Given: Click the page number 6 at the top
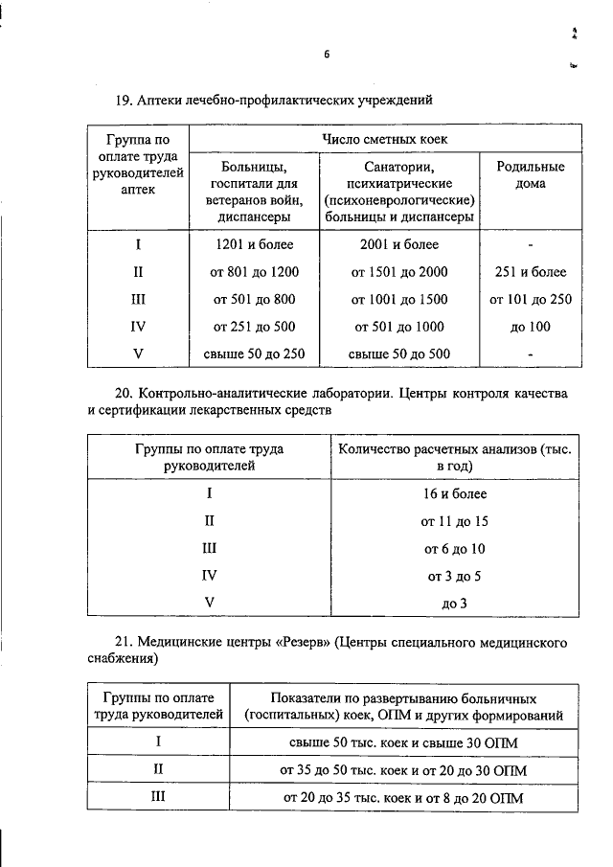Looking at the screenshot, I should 326,55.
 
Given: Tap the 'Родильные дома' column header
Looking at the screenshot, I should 530,175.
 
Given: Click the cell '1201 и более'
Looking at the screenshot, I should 254,245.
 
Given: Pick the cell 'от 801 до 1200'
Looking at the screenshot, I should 254,272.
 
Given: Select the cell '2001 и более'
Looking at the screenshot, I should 399,245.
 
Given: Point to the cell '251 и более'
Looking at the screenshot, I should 530,272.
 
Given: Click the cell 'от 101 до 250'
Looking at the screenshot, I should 530,299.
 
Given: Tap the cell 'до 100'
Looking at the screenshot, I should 530,327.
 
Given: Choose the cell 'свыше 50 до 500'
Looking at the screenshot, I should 399,354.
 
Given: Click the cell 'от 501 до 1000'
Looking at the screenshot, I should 399,327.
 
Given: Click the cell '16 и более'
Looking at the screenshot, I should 455,494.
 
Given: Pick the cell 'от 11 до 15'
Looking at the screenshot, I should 455,521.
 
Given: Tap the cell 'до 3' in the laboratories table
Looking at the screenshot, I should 455,603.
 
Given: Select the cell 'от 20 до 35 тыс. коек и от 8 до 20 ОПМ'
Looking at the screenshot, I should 403,797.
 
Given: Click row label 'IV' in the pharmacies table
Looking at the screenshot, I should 137,327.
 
